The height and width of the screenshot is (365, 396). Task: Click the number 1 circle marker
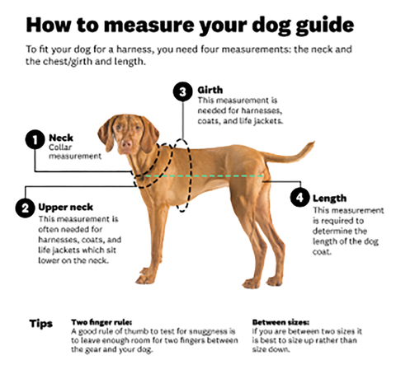pyautogui.click(x=35, y=139)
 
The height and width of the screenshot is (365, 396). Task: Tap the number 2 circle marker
pyautogui.click(x=25, y=208)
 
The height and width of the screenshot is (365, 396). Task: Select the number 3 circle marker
pyautogui.click(x=182, y=91)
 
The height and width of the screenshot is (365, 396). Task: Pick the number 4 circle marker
pyautogui.click(x=300, y=198)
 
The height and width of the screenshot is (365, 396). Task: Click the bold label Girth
pyautogui.click(x=210, y=90)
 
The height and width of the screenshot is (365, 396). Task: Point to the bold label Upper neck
pyautogui.click(x=65, y=207)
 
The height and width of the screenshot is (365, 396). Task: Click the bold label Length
pyautogui.click(x=329, y=199)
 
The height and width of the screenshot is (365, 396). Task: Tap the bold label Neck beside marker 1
pyautogui.click(x=61, y=138)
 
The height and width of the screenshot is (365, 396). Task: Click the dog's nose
pyautogui.click(x=127, y=143)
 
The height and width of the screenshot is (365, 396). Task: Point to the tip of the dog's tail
pyautogui.click(x=313, y=143)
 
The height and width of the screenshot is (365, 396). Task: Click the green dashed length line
pyautogui.click(x=204, y=175)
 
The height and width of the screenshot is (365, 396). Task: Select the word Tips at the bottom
pyautogui.click(x=41, y=324)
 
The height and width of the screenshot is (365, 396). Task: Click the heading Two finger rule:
pyautogui.click(x=101, y=322)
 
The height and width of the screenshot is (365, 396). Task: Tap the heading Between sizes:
pyautogui.click(x=280, y=322)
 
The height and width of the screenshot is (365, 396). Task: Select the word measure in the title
pyautogui.click(x=149, y=26)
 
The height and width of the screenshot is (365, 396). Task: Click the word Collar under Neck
pyautogui.click(x=60, y=147)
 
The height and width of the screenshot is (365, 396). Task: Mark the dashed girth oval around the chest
pyautogui.click(x=190, y=175)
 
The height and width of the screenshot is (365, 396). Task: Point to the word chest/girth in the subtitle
pyautogui.click(x=68, y=62)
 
